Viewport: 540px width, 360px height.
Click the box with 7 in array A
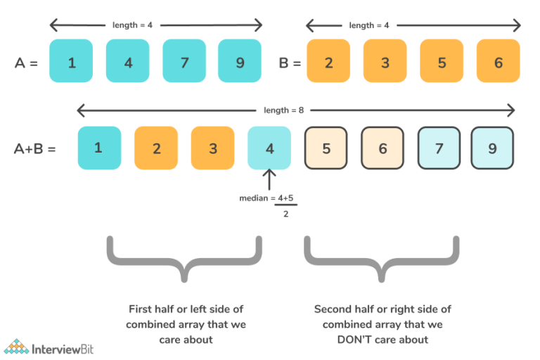point(184,63)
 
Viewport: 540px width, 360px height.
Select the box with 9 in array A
point(240,63)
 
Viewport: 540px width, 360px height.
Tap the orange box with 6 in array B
point(498,63)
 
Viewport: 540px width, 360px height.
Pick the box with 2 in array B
point(328,63)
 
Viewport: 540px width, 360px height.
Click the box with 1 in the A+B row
point(98,148)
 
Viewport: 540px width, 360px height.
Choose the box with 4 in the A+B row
point(269,148)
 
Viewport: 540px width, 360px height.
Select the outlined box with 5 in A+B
point(326,148)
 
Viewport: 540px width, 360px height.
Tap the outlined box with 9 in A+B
point(493,148)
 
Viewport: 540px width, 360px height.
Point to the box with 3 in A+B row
point(212,148)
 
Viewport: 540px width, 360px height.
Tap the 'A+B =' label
point(34,149)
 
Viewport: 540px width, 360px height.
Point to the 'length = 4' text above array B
point(369,25)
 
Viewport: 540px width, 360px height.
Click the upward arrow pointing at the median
point(269,179)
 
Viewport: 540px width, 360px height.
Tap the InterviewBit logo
point(49,347)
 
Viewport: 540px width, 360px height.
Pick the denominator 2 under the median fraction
point(285,214)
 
